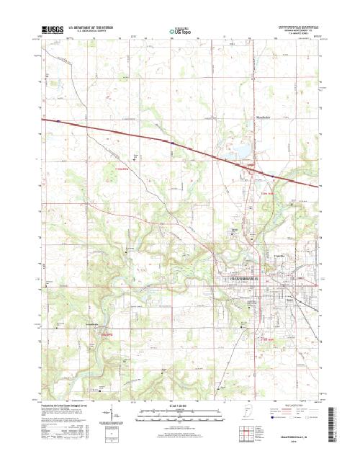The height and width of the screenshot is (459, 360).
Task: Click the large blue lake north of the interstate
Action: click(x=239, y=153)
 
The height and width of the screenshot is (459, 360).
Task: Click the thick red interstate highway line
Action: click(x=144, y=137)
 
